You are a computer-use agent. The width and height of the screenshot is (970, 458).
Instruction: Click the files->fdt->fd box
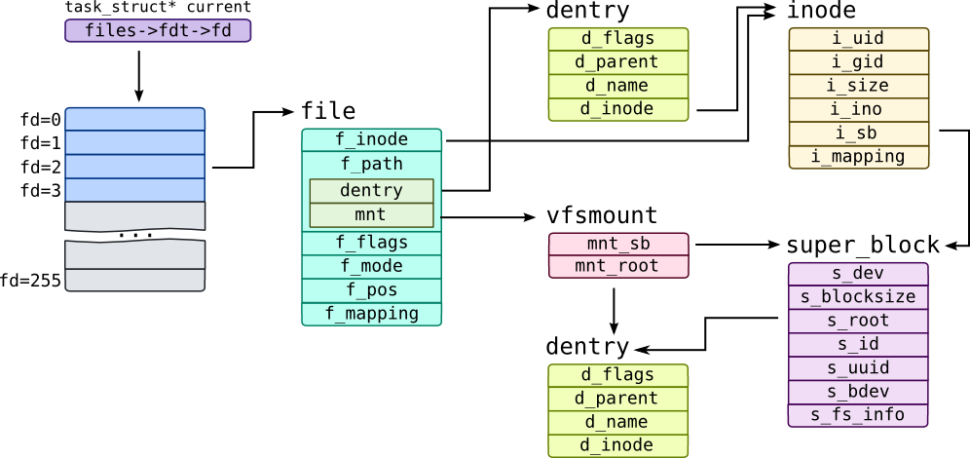pyautogui.click(x=158, y=30)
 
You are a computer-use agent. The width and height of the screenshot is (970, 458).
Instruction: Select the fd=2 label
pyautogui.click(x=41, y=168)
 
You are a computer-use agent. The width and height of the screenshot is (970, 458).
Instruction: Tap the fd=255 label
pyautogui.click(x=31, y=281)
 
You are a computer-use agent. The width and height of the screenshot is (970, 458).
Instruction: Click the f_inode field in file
pyautogui.click(x=371, y=140)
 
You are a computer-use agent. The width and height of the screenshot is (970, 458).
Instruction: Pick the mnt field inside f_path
pyautogui.click(x=370, y=214)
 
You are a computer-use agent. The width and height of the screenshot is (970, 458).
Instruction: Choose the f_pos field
pyautogui.click(x=371, y=290)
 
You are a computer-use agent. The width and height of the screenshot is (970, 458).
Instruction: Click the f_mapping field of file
pyautogui.click(x=371, y=314)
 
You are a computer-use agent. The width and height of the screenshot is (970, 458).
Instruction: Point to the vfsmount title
pyautogui.click(x=602, y=215)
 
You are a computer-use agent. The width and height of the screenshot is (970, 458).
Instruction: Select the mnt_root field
pyautogui.click(x=617, y=266)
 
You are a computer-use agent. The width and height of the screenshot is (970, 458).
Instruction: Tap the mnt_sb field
pyautogui.click(x=617, y=244)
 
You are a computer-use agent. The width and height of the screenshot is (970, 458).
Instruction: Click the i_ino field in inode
pyautogui.click(x=858, y=109)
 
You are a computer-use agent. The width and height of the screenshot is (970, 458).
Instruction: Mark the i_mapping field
pyautogui.click(x=858, y=156)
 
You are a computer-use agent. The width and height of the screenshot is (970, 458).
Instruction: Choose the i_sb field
pyautogui.click(x=858, y=133)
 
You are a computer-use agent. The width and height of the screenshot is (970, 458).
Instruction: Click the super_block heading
pyautogui.click(x=863, y=245)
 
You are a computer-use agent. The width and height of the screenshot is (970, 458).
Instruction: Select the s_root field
pyautogui.click(x=857, y=321)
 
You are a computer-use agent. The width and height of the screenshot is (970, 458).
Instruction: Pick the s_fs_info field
pyautogui.click(x=857, y=415)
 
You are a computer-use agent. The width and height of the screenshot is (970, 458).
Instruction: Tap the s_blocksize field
pyautogui.click(x=857, y=297)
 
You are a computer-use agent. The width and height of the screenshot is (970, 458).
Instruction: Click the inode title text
pyautogui.click(x=821, y=12)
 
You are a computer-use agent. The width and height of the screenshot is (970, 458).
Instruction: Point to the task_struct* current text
pyautogui.click(x=158, y=8)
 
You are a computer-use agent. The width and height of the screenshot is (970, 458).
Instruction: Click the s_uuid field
pyautogui.click(x=857, y=368)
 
